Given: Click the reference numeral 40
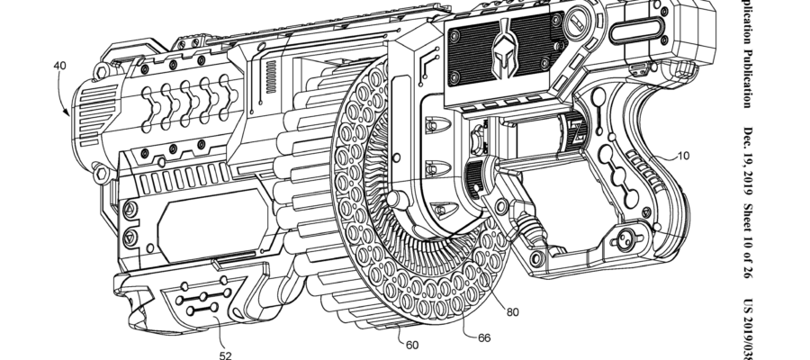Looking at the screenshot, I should click(59, 66).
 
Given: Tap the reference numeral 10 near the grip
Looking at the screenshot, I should click(683, 156).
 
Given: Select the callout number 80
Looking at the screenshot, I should click(512, 313).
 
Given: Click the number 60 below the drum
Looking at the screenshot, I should click(411, 344).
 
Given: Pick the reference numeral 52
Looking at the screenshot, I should click(225, 355).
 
